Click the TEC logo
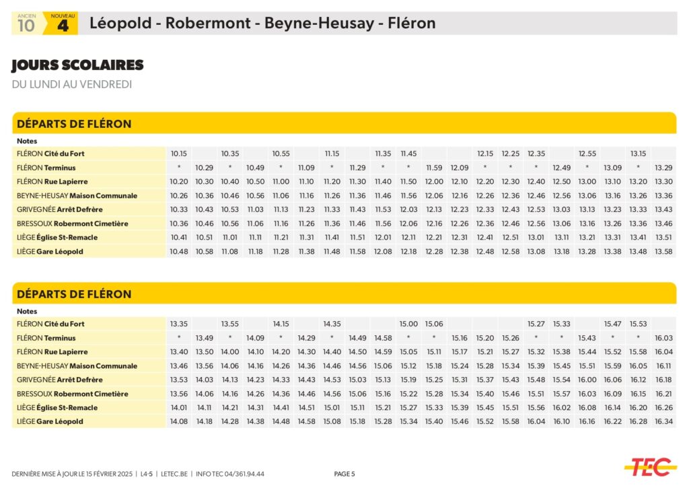pyautogui.click(x=650, y=466)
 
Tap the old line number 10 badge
pyautogui.click(x=26, y=24)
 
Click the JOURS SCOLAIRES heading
pyautogui.click(x=77, y=65)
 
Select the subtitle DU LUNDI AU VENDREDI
pyautogui.click(x=72, y=84)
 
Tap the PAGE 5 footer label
pyautogui.click(x=344, y=474)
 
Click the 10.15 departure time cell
pyautogui.click(x=179, y=153)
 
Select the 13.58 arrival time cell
pyautogui.click(x=663, y=251)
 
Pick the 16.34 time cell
pyautogui.click(x=663, y=421)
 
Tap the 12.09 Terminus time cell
pyautogui.click(x=460, y=168)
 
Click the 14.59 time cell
pyautogui.click(x=383, y=352)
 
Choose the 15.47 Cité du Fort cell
pyautogui.click(x=612, y=324)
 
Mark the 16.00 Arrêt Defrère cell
pyautogui.click(x=587, y=380)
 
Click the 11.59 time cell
pyautogui.click(x=434, y=168)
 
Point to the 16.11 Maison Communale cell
pyautogui.click(x=663, y=366)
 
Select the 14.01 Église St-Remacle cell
pyautogui.click(x=179, y=408)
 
